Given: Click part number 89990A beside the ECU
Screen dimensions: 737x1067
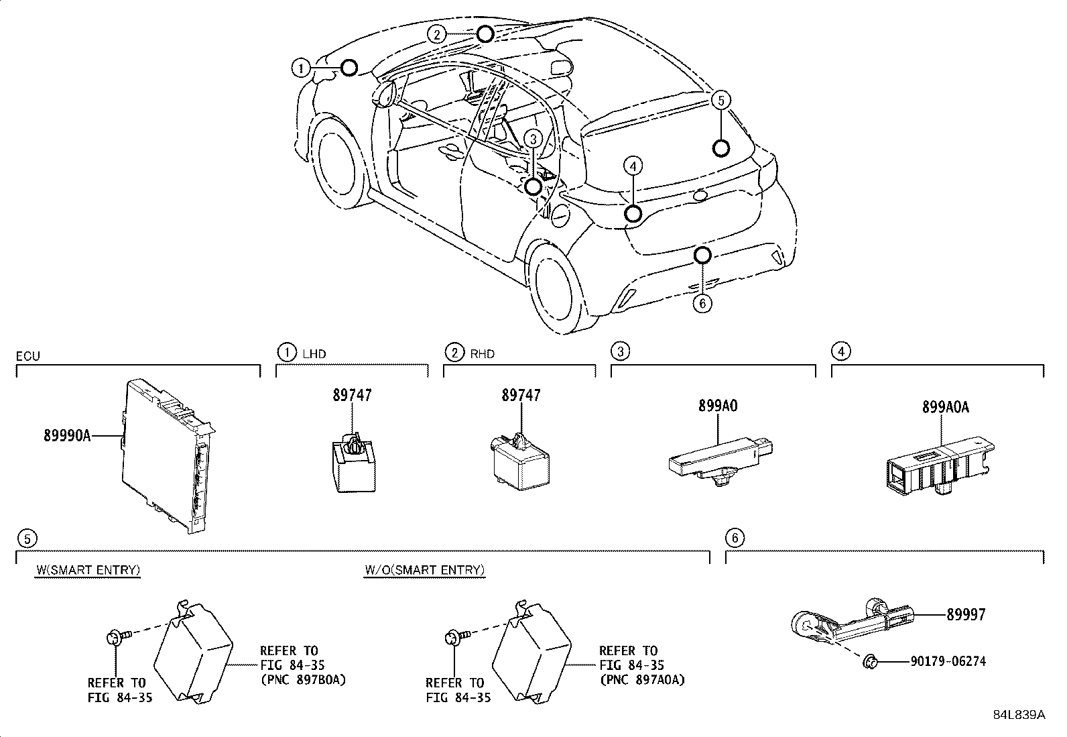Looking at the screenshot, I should (66, 436).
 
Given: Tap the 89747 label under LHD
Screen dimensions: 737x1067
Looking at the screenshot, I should (352, 396).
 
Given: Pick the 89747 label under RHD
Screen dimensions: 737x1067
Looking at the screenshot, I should (521, 396).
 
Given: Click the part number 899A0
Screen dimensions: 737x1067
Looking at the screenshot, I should (718, 406).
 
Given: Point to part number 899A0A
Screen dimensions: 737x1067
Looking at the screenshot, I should (945, 407).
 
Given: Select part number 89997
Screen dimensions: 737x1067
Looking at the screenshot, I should (966, 614).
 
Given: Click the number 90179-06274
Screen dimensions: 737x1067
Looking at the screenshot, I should (948, 662).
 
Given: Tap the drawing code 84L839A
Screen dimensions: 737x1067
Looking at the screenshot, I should (1018, 715).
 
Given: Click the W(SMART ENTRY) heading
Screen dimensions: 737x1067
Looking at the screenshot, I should (88, 570).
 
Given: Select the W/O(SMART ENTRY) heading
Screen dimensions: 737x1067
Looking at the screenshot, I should (424, 570).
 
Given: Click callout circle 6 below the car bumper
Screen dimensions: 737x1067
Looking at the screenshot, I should (702, 304).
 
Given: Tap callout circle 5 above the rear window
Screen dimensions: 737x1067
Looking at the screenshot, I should (720, 101).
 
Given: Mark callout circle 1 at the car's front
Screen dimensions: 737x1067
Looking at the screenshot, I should (301, 68).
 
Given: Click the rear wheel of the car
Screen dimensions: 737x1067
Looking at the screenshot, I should (554, 288).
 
